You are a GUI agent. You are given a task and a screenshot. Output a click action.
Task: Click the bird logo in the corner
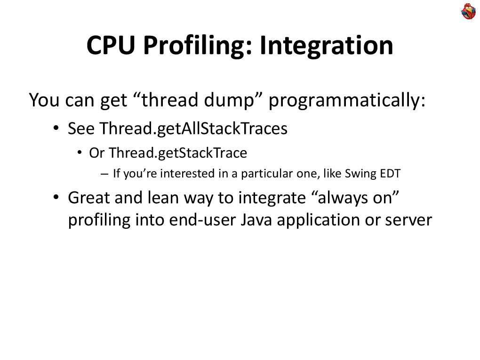pyautogui.click(x=468, y=11)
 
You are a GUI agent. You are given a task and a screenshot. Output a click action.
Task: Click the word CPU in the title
pyautogui.click(x=111, y=45)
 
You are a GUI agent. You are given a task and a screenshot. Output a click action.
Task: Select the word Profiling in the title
pyautogui.click(x=198, y=46)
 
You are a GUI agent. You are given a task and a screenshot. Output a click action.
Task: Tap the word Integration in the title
pyautogui.click(x=327, y=46)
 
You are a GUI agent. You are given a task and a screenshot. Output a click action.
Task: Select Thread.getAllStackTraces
pyautogui.click(x=193, y=128)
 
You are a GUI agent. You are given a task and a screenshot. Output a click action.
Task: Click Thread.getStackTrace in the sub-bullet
pyautogui.click(x=178, y=153)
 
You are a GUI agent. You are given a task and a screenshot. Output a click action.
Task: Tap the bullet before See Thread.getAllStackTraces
pyautogui.click(x=56, y=128)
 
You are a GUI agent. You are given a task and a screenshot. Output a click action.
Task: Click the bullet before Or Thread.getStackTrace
pyautogui.click(x=80, y=152)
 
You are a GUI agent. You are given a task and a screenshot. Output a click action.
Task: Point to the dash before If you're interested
pyautogui.click(x=104, y=174)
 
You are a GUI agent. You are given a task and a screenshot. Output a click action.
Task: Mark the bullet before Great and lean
pyautogui.click(x=56, y=197)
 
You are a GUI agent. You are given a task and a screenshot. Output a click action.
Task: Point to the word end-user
pyautogui.click(x=202, y=220)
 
